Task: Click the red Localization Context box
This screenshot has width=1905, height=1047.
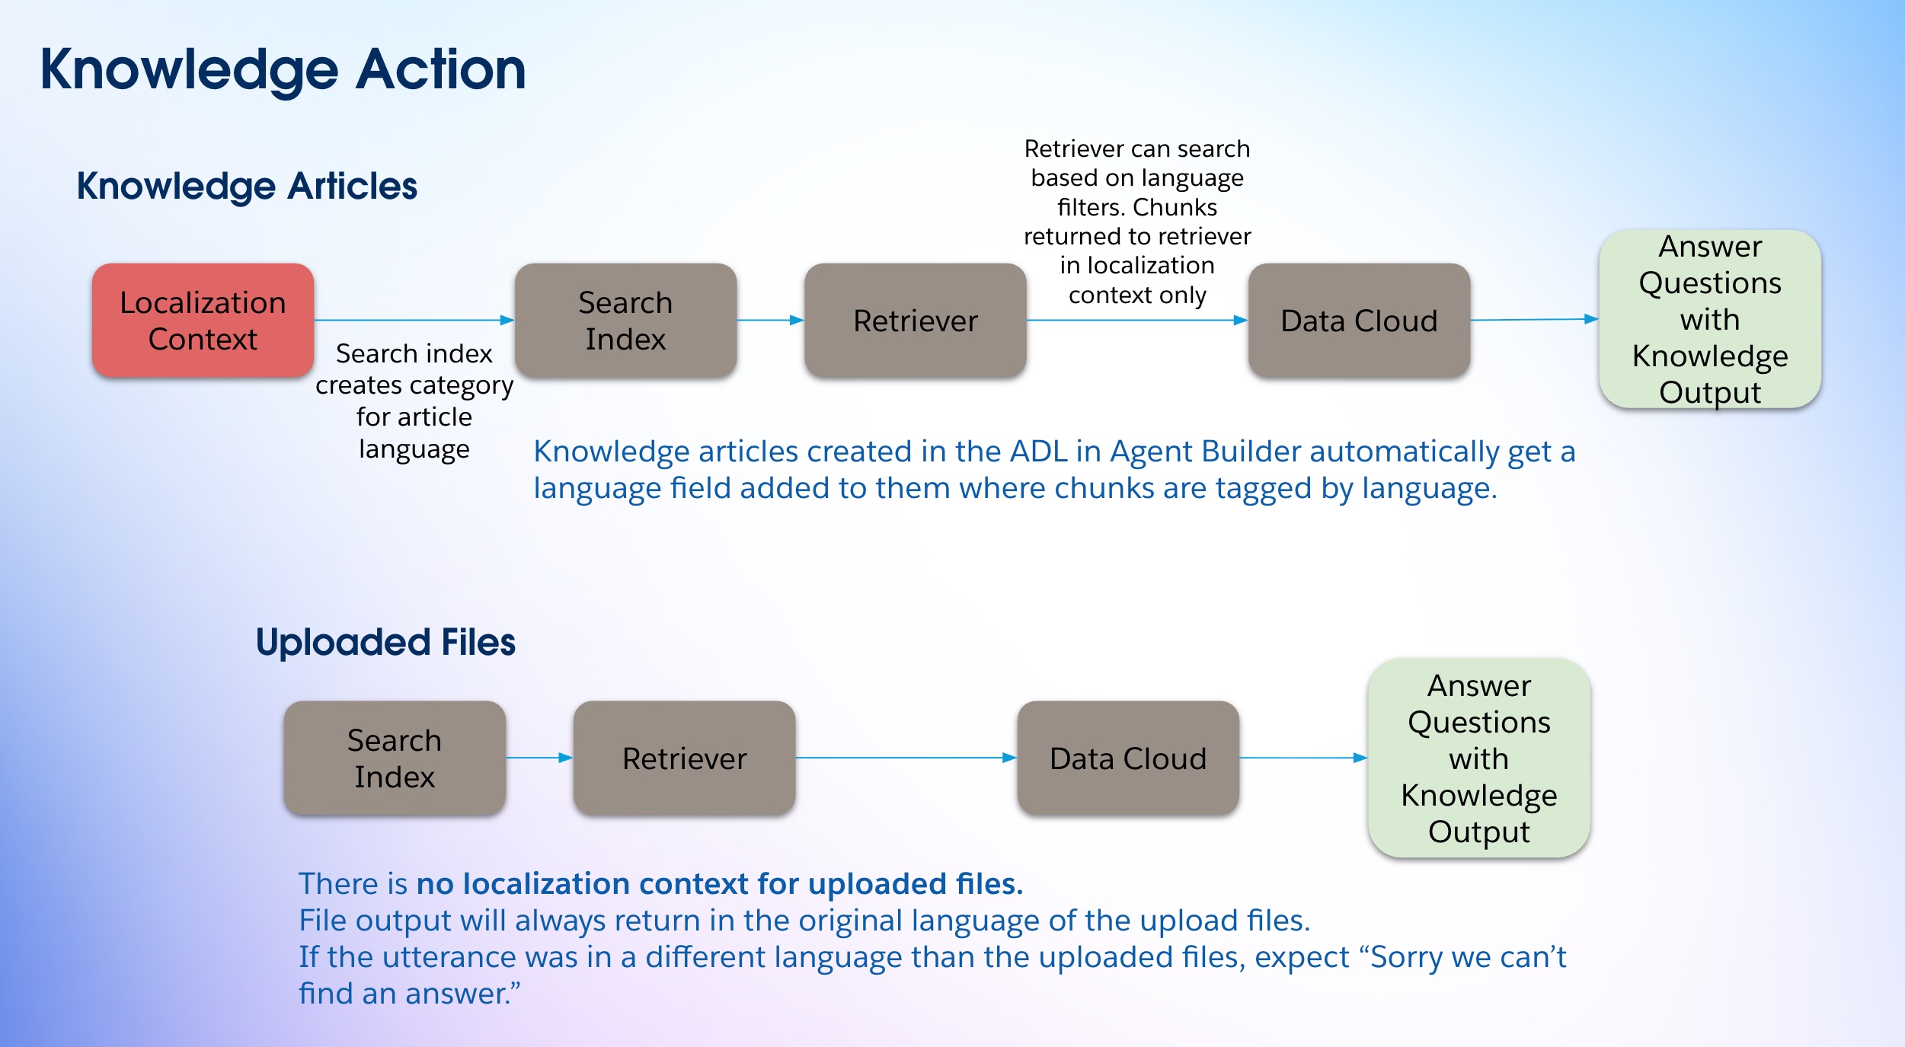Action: coord(203,321)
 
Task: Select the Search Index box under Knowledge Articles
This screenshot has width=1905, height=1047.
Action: coord(625,321)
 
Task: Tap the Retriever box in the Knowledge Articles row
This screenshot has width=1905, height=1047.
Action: coord(915,321)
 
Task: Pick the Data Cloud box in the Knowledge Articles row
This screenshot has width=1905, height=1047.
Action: coord(1359,321)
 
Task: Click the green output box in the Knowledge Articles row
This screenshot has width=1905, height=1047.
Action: coord(1710,319)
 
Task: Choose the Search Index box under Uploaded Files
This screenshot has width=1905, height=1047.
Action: coord(395,758)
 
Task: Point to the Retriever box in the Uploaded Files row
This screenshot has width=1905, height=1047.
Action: coord(684,758)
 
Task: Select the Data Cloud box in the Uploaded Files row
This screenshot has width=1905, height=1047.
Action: coord(1128,758)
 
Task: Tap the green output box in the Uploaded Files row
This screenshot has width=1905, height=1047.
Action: coord(1478,758)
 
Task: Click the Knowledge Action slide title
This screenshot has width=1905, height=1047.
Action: coord(283,69)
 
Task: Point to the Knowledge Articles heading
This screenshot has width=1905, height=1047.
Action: coord(247,187)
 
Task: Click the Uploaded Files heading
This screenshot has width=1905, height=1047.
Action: coord(385,642)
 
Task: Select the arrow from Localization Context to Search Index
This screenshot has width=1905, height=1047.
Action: coord(414,321)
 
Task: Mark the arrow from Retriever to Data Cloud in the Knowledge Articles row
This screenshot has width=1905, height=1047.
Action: coord(1137,321)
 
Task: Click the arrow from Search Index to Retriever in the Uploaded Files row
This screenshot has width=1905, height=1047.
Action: coord(539,758)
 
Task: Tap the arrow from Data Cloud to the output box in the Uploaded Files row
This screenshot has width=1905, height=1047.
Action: coord(1303,758)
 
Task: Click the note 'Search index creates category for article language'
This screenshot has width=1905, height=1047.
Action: coord(414,401)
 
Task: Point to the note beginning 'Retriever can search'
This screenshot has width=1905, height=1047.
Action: coord(1137,222)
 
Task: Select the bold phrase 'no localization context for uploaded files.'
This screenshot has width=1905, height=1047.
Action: coord(720,884)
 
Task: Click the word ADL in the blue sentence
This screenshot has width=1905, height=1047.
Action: coord(1038,452)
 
